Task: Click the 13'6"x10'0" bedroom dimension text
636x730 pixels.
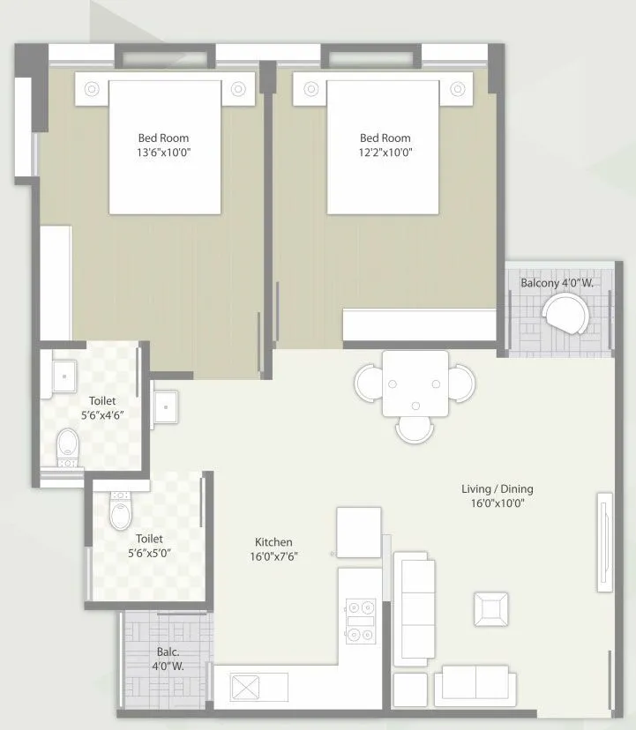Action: pyautogui.click(x=163, y=152)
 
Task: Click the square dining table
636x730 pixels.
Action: pyautogui.click(x=415, y=384)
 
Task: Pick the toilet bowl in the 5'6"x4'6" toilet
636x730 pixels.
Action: pyautogui.click(x=67, y=447)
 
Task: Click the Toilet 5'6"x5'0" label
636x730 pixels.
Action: pyautogui.click(x=149, y=546)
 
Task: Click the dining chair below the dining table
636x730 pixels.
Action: pyautogui.click(x=414, y=429)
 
